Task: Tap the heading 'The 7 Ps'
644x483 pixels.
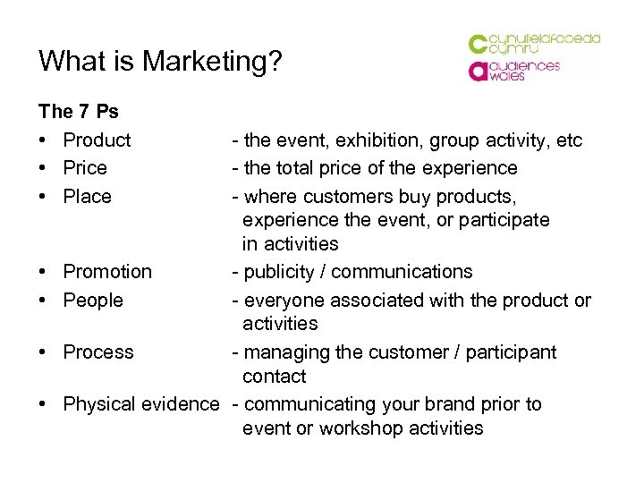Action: (79, 112)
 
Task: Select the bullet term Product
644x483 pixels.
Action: (97, 140)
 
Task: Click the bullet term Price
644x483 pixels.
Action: (85, 168)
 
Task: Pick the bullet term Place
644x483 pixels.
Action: (88, 196)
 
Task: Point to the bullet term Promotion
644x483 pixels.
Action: (107, 271)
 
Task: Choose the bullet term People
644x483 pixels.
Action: (93, 300)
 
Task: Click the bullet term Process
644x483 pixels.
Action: (98, 352)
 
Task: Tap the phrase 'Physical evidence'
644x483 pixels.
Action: (140, 403)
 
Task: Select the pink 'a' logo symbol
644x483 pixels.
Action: (478, 71)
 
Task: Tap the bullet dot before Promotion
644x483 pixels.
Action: (43, 271)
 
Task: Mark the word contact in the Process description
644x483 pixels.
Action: (274, 377)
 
